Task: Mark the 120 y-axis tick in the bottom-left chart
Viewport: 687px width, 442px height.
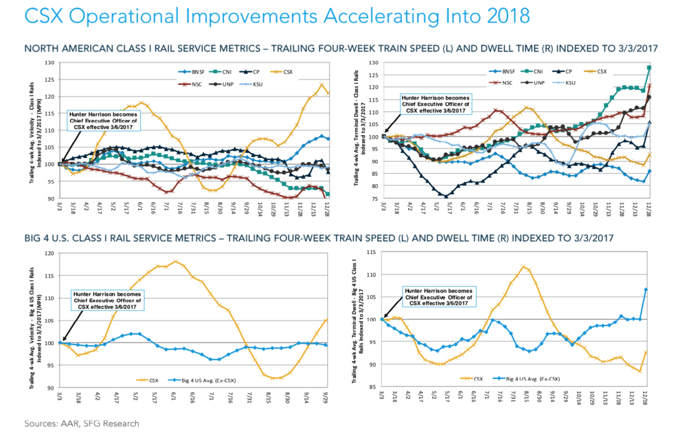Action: click(50, 253)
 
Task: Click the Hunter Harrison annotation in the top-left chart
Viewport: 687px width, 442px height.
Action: click(100, 122)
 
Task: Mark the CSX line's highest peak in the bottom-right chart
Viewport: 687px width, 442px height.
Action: click(523, 266)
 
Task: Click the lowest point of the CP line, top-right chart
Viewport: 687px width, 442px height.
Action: click(446, 196)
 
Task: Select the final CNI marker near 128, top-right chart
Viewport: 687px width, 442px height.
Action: click(649, 68)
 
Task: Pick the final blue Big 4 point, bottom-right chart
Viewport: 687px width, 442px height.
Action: click(645, 289)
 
